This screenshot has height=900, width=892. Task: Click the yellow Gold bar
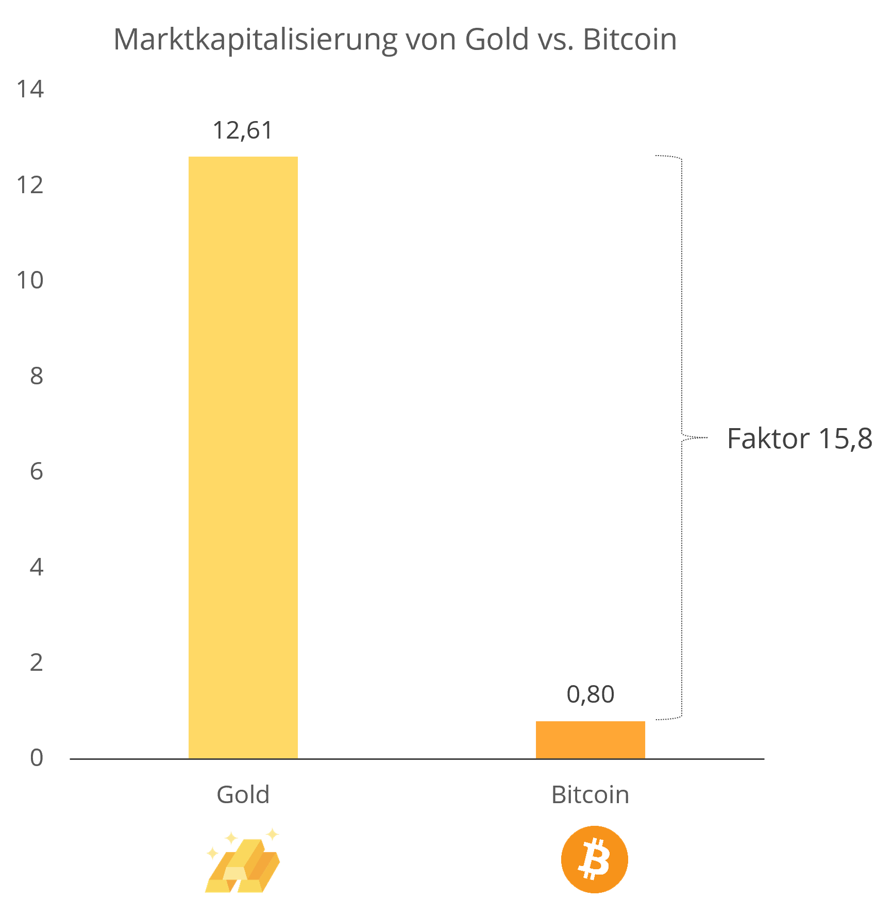[x=243, y=457]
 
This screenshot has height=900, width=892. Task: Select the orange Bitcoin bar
[x=591, y=739]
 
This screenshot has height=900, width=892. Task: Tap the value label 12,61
[x=242, y=130]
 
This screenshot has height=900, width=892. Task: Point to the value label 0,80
[x=591, y=694]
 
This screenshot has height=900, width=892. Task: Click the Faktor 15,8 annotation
[x=799, y=439]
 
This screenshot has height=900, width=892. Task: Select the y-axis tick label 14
[x=30, y=89]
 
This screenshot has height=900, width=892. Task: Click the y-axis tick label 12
[x=30, y=185]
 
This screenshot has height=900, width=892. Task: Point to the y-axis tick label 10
[x=30, y=280]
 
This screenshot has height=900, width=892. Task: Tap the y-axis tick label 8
[x=36, y=376]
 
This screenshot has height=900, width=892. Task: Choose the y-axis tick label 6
[x=36, y=471]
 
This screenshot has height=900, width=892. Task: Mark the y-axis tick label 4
[x=36, y=567]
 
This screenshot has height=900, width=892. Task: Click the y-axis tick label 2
[x=36, y=663]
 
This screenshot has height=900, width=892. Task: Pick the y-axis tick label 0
[x=36, y=758]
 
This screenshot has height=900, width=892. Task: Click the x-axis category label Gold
[x=243, y=794]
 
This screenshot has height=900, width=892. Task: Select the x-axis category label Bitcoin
[x=590, y=794]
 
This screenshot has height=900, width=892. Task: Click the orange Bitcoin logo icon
[x=594, y=859]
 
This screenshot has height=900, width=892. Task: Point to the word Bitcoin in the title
[x=630, y=40]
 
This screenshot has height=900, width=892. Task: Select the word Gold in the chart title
[x=497, y=40]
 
